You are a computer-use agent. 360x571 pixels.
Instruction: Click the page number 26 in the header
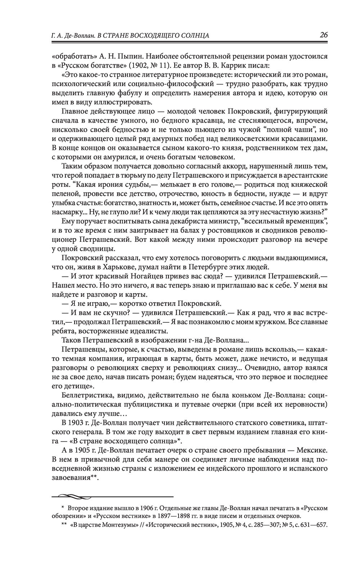[323, 35]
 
